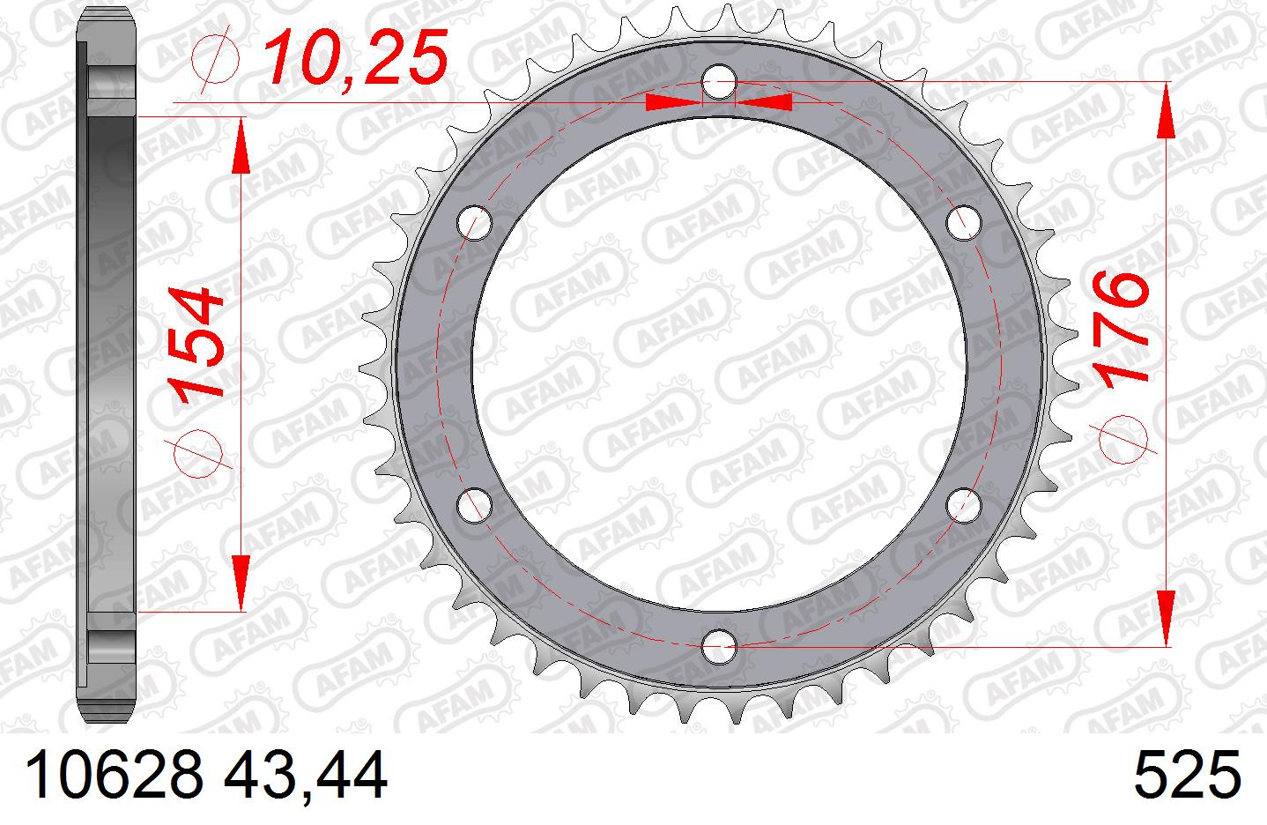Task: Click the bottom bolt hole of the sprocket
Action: pyautogui.click(x=719, y=646)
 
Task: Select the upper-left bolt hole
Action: pyautogui.click(x=475, y=223)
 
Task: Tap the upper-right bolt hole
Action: pyautogui.click(x=963, y=223)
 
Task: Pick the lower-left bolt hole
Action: pyautogui.click(x=474, y=505)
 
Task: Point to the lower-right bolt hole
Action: pyautogui.click(x=963, y=505)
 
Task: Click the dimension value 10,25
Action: pyautogui.click(x=356, y=56)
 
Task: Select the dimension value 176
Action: pyautogui.click(x=1121, y=331)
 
